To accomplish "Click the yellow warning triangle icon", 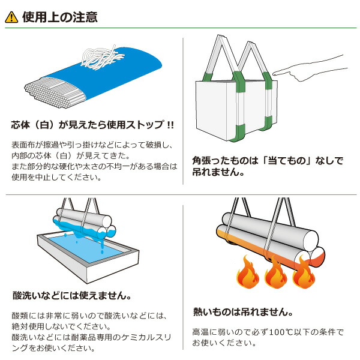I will [11, 17].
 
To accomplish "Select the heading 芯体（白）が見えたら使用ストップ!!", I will [93, 125].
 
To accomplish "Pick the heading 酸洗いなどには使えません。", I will [72, 296].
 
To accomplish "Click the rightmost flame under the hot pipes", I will [303, 277].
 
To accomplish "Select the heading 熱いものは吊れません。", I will [242, 312].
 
